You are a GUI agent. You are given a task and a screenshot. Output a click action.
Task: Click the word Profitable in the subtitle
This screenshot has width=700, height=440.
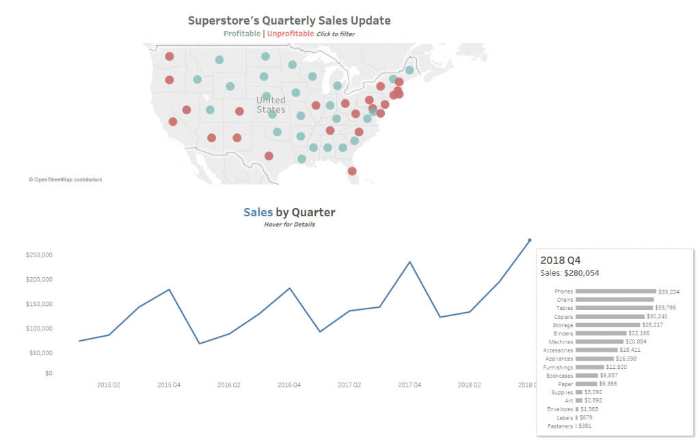pyautogui.click(x=241, y=34)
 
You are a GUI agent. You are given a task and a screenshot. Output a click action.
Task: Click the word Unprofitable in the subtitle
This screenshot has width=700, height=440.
pyautogui.click(x=291, y=34)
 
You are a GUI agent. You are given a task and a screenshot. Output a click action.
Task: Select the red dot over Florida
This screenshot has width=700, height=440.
pyautogui.click(x=352, y=171)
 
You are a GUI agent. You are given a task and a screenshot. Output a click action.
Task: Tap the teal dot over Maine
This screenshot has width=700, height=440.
pyautogui.click(x=409, y=70)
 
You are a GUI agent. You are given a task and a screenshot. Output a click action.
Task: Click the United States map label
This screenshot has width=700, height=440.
pyautogui.click(x=271, y=105)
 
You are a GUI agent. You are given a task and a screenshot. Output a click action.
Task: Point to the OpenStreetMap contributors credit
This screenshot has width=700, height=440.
pyautogui.click(x=66, y=180)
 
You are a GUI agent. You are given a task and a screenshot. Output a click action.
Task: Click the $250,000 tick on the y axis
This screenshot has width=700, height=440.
pyautogui.click(x=39, y=255)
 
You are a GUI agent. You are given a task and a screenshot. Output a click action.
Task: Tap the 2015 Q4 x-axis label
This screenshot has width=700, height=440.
pyautogui.click(x=169, y=385)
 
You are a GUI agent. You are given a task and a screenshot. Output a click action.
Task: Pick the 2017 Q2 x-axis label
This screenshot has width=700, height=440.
pyautogui.click(x=350, y=385)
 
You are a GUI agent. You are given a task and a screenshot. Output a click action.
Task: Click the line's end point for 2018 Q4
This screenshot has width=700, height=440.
pyautogui.click(x=530, y=240)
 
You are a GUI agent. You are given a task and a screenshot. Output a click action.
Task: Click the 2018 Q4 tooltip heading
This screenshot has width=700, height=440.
pyautogui.click(x=561, y=260)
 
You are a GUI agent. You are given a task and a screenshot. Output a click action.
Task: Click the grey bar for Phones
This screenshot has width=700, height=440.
pyautogui.click(x=615, y=292)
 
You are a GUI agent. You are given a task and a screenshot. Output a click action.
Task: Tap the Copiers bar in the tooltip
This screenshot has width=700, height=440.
pyautogui.click(x=610, y=317)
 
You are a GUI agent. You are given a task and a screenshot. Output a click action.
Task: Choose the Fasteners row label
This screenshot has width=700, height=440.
pyautogui.click(x=561, y=426)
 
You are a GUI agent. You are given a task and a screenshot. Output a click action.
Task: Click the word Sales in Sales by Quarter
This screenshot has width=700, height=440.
pyautogui.click(x=258, y=212)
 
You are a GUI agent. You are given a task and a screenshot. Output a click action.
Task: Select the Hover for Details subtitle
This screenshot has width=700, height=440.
pyautogui.click(x=289, y=224)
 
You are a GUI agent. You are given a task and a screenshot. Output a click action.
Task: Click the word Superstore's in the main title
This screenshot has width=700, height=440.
pyautogui.click(x=226, y=21)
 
